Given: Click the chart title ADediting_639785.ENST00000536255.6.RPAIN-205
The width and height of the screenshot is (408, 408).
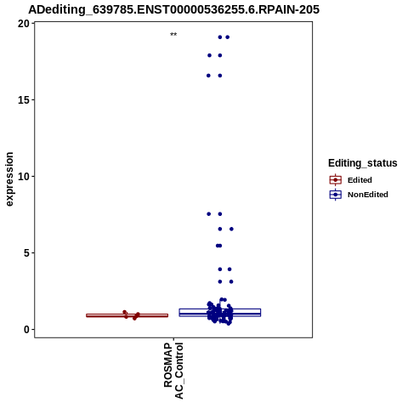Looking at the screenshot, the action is tap(173, 9).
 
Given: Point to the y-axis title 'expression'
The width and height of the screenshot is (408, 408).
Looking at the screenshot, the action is tap(9, 179).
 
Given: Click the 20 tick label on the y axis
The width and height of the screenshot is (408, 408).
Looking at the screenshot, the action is tap(24, 24).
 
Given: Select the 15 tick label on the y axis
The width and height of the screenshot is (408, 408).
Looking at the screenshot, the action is tap(24, 100).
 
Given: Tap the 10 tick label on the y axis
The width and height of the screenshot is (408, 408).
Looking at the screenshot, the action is tap(24, 177).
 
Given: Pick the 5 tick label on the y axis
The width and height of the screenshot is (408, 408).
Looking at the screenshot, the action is tap(27, 253).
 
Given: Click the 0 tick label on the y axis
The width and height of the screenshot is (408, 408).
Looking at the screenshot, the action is tap(27, 330).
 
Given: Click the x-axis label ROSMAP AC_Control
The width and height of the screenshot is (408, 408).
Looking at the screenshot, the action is tap(173, 371).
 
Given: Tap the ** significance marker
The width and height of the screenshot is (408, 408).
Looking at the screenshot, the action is tap(173, 35).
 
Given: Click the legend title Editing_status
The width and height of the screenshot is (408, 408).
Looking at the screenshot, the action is tap(363, 163).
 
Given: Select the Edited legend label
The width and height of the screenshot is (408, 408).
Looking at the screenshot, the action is tap(360, 180).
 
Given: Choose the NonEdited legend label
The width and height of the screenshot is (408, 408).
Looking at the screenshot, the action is tap(368, 195).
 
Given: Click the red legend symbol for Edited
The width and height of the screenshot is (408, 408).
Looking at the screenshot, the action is tap(336, 180).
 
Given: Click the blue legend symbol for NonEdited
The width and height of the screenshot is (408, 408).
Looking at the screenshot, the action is tap(336, 195).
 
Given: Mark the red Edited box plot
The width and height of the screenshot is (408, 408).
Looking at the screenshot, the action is tap(127, 315).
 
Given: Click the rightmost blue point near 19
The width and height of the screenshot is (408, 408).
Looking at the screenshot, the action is tap(227, 37).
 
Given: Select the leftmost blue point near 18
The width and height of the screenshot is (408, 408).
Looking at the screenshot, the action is tap(209, 55).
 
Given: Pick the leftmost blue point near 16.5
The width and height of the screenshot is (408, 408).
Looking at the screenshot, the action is tap(208, 76).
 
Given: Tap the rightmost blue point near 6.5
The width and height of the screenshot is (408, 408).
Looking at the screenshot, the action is tap(231, 229).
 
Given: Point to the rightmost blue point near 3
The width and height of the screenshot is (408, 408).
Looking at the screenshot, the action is tap(231, 281).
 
